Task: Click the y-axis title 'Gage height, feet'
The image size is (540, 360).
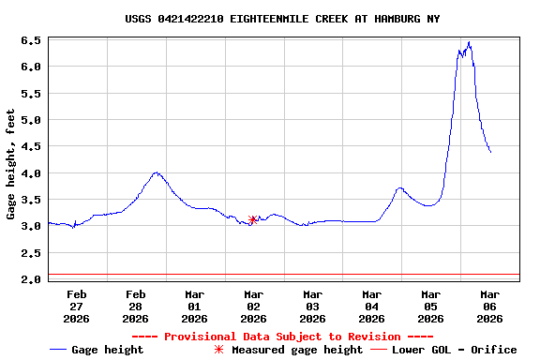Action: tap(10, 164)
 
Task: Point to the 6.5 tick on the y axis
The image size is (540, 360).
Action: tap(30, 40)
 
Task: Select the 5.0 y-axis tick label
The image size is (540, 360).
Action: tap(30, 120)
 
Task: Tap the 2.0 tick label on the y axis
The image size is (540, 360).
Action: tap(30, 279)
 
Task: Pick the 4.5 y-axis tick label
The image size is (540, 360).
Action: tap(30, 147)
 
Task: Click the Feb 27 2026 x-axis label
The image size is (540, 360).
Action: tap(77, 306)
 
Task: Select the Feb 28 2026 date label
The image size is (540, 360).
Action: tap(136, 306)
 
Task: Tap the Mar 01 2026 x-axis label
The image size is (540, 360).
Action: tap(195, 306)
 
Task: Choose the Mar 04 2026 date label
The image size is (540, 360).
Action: tap(371, 306)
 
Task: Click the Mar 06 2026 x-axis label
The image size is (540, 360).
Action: tap(489, 306)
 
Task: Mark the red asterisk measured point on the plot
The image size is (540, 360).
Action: tap(253, 219)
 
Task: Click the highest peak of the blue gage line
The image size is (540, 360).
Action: tap(469, 42)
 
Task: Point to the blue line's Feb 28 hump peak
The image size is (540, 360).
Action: tap(157, 172)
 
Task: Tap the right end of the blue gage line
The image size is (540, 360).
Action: tap(490, 152)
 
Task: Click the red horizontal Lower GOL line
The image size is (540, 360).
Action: tap(281, 275)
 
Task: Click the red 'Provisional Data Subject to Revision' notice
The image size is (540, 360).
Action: tap(282, 337)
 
